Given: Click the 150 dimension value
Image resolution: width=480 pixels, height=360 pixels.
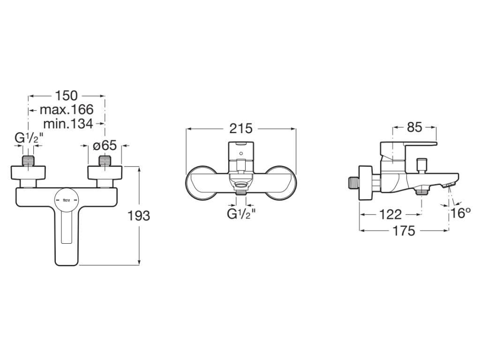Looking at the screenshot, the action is (x=67, y=96).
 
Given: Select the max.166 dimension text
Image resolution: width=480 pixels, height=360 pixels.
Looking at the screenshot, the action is (x=67, y=110).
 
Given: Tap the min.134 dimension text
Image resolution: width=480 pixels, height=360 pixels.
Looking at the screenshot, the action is (x=68, y=124).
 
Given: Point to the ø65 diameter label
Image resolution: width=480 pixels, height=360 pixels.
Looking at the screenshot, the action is (x=105, y=146).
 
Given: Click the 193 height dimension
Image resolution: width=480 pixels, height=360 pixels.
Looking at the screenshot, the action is (x=139, y=216).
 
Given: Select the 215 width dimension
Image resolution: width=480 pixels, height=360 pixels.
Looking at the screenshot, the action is (x=241, y=128).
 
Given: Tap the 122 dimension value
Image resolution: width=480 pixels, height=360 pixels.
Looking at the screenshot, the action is (x=390, y=215).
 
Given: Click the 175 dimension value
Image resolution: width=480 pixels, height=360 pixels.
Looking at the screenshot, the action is (x=404, y=231).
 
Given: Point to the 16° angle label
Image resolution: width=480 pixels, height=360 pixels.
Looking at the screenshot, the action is (x=460, y=213).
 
